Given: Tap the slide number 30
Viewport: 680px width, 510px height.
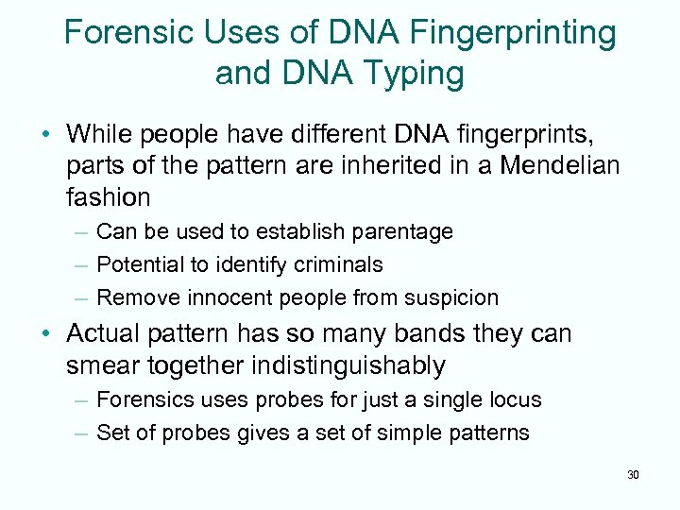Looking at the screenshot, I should coord(633,474).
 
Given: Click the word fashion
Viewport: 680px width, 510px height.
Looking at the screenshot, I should coord(109,197).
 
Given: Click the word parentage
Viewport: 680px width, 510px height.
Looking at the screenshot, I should coord(401,231).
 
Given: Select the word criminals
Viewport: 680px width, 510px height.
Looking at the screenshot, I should coord(336,264).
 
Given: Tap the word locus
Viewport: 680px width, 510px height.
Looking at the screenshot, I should coord(516,399).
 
